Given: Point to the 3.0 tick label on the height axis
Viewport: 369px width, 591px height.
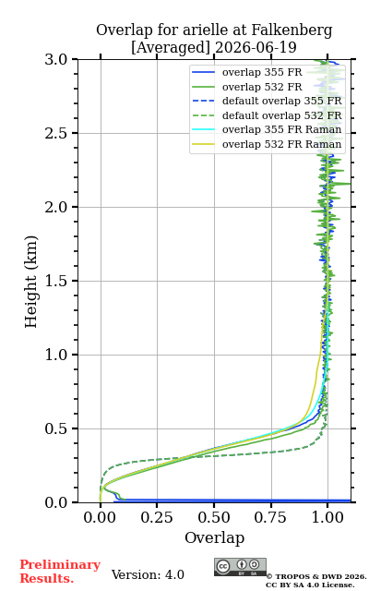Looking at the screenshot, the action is click(x=56, y=59).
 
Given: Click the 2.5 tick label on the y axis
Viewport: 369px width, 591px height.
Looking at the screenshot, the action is click(x=56, y=133).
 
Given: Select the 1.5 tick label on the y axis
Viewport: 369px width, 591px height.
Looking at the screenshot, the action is click(x=56, y=281).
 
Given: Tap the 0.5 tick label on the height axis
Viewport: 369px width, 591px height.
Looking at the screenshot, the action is click(x=56, y=428).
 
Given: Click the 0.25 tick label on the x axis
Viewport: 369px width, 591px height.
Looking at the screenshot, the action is click(x=157, y=517).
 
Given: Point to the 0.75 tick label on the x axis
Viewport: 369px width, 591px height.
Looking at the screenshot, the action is click(x=270, y=517).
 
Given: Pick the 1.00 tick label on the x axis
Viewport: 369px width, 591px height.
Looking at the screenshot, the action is click(x=327, y=517).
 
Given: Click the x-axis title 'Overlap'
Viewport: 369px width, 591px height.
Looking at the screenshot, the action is click(x=214, y=537).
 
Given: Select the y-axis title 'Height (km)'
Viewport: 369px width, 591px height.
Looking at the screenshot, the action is click(x=31, y=282).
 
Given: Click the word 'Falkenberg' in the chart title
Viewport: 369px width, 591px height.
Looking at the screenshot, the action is click(x=292, y=30).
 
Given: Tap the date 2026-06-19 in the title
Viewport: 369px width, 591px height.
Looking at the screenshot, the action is click(x=256, y=47).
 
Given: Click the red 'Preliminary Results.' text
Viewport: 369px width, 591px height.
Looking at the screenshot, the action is click(x=60, y=572).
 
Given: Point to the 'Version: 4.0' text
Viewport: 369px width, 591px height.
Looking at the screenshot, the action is click(x=148, y=574).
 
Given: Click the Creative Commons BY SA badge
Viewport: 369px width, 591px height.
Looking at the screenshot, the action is click(x=240, y=567).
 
